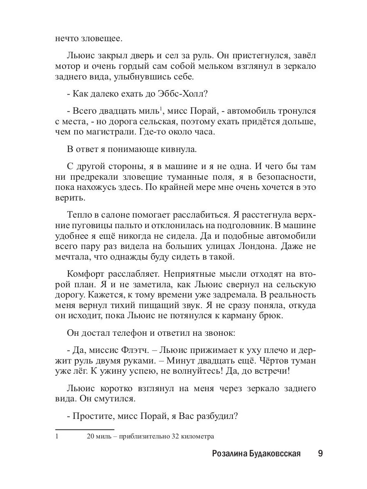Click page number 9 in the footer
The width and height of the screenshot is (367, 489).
tap(320, 454)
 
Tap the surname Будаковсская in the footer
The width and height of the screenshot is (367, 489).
tap(278, 454)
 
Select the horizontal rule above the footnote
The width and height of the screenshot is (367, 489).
tap(84, 429)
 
